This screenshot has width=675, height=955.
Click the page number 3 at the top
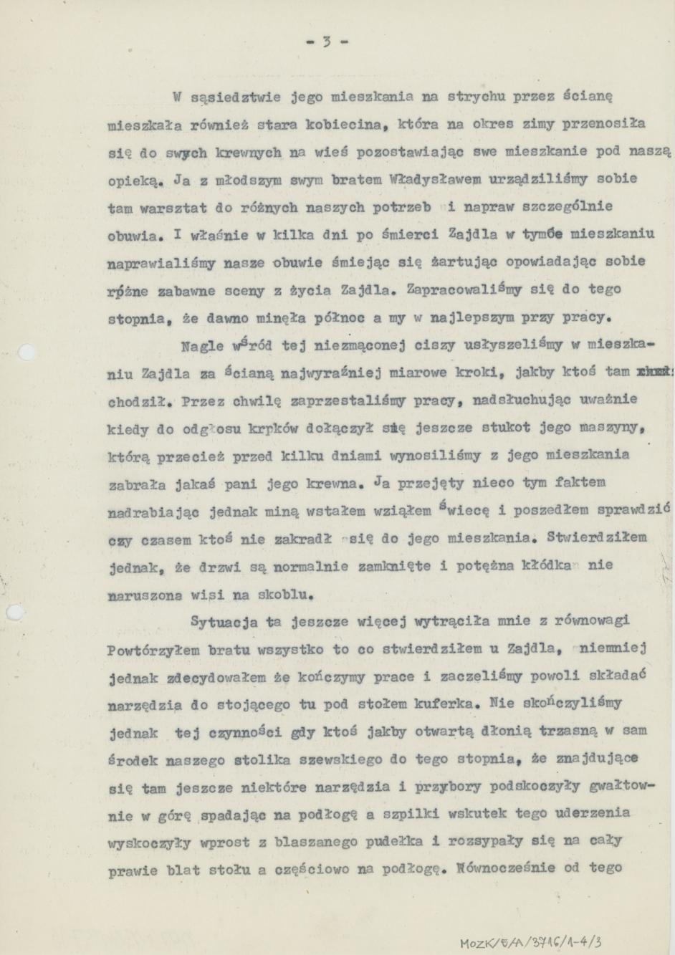[x=326, y=42]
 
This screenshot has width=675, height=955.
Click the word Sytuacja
[x=224, y=622]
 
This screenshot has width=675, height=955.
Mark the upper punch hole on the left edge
[x=26, y=352]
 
